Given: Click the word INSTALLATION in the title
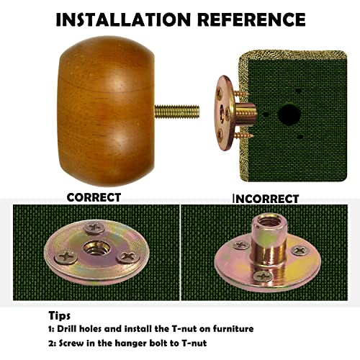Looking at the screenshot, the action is pyautogui.click(x=123, y=19).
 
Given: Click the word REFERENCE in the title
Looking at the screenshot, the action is pyautogui.click(x=251, y=19).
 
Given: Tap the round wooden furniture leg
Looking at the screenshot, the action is pyautogui.click(x=106, y=111).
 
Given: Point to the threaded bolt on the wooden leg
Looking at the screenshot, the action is pyautogui.click(x=177, y=112).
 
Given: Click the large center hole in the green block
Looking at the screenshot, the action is pyautogui.click(x=289, y=114).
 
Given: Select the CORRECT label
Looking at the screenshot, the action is pyautogui.click(x=94, y=197).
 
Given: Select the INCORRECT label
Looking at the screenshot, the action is pyautogui.click(x=266, y=199).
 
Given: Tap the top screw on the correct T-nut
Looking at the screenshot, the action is pyautogui.click(x=94, y=228).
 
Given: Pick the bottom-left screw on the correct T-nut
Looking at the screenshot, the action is pyautogui.click(x=66, y=257).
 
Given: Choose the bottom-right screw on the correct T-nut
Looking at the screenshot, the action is pyautogui.click(x=128, y=257).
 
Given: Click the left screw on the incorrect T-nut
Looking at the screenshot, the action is pyautogui.click(x=241, y=245).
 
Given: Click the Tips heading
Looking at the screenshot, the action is pyautogui.click(x=60, y=315).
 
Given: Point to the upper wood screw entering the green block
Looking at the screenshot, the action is pyautogui.click(x=242, y=94).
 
